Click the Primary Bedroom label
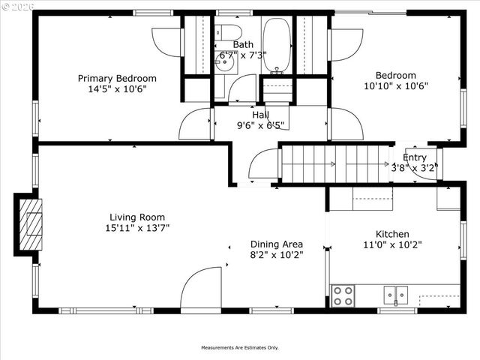(117, 78)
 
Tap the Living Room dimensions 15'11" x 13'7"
(136, 228)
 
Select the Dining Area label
(277, 244)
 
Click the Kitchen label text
(392, 234)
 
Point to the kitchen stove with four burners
(343, 295)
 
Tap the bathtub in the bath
(276, 45)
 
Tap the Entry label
(414, 157)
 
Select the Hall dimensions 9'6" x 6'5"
(261, 125)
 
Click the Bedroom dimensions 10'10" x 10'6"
(395, 85)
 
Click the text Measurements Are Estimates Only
(239, 347)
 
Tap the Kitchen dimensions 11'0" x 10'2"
(392, 244)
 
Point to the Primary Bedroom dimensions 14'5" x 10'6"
(117, 88)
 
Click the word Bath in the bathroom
(242, 45)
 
